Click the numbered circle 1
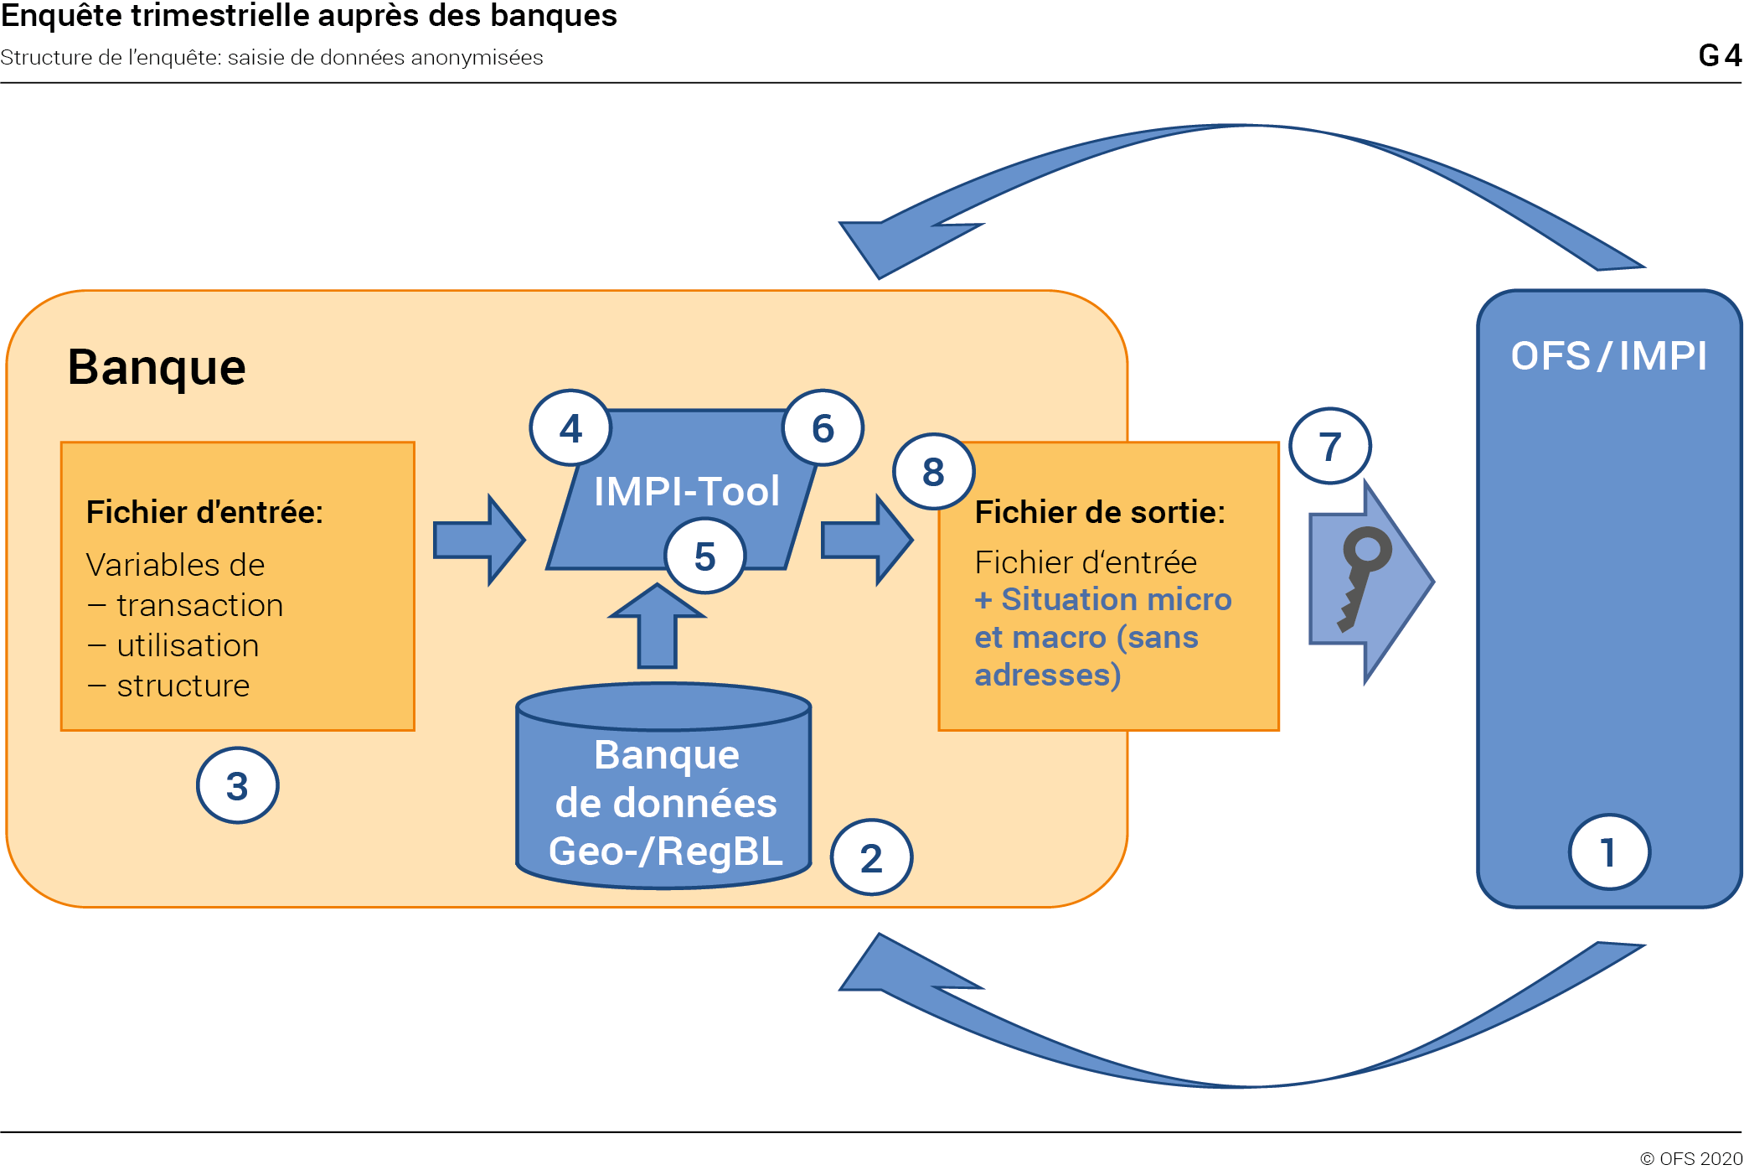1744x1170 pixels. click(1608, 852)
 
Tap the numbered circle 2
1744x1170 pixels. click(871, 857)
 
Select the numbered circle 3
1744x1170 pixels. click(237, 785)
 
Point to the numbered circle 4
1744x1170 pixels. click(570, 428)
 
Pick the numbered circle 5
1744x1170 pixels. click(704, 556)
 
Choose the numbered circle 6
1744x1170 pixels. click(823, 428)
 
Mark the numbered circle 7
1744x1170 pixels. click(1329, 446)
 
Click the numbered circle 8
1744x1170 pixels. click(933, 472)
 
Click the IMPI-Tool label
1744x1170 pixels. click(687, 491)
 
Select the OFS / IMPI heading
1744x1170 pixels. click(1608, 356)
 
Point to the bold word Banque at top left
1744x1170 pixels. click(157, 367)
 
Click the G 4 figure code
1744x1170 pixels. click(1719, 55)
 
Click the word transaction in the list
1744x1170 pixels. click(199, 605)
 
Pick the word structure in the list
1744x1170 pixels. click(183, 686)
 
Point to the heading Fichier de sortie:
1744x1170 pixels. click(1100, 512)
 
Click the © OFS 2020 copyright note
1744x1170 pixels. click(1690, 1158)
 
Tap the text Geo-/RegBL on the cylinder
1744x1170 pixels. click(666, 852)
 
